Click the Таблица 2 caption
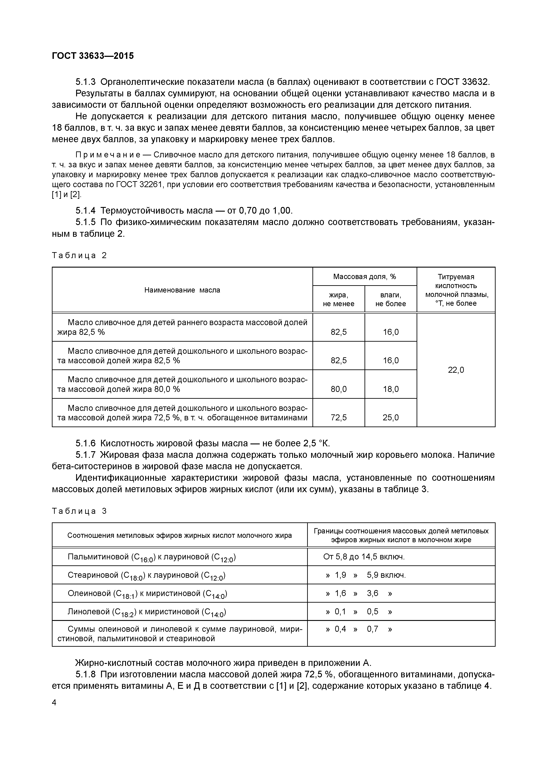point(79,255)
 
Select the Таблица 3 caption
point(79,511)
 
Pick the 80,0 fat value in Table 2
point(338,389)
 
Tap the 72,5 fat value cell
point(338,418)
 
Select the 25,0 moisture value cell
point(391,418)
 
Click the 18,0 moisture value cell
point(391,389)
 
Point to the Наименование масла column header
point(182,290)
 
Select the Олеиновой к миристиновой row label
point(147,594)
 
